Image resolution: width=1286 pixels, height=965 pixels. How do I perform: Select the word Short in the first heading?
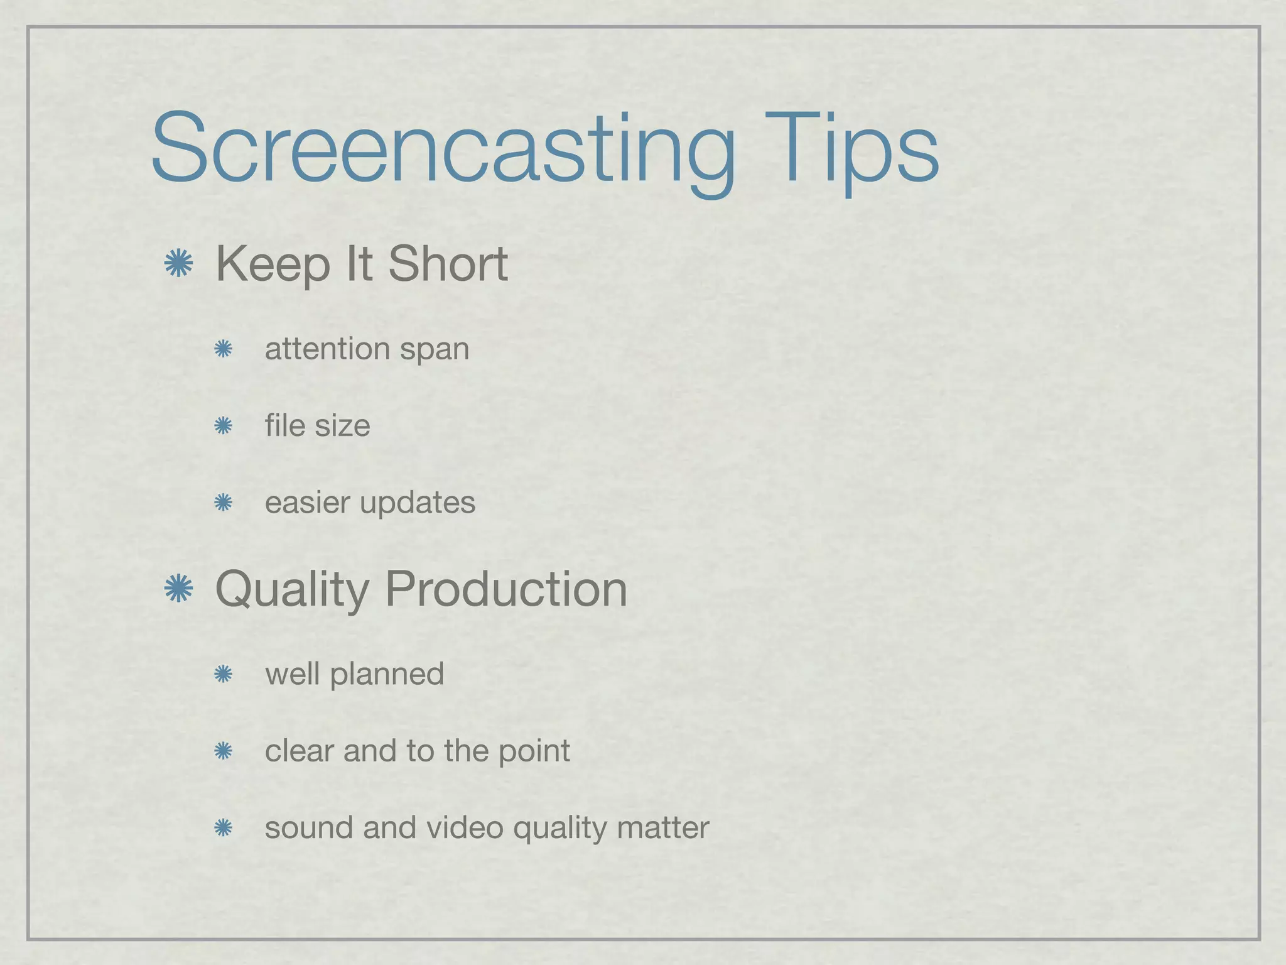(x=448, y=264)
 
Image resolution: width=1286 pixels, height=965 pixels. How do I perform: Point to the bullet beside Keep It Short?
(x=178, y=263)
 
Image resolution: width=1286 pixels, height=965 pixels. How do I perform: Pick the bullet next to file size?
(x=223, y=427)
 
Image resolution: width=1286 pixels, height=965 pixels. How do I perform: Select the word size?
(x=342, y=426)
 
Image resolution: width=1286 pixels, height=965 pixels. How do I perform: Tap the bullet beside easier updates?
(x=223, y=503)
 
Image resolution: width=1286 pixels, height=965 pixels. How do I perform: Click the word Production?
(x=506, y=589)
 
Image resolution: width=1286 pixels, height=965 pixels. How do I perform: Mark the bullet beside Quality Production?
(x=178, y=589)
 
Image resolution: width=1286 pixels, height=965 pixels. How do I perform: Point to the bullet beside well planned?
(x=223, y=675)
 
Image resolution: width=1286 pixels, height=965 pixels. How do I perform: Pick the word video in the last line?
(x=465, y=827)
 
